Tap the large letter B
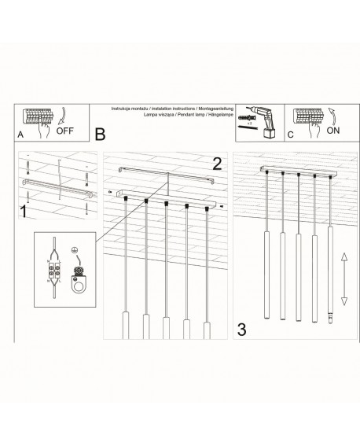(100, 135)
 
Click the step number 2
(218, 164)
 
